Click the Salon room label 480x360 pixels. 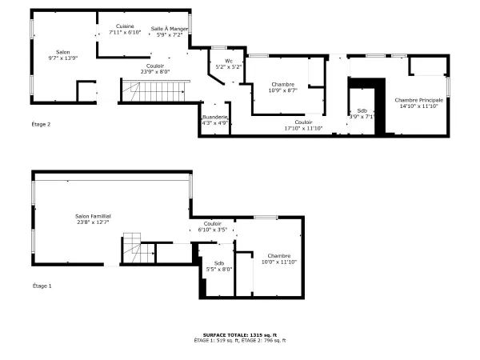click(x=62, y=53)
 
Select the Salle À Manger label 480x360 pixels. click(x=169, y=29)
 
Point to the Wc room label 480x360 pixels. click(x=229, y=61)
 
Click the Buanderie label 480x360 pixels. click(x=215, y=117)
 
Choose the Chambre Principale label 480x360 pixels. click(x=418, y=100)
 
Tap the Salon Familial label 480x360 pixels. click(x=93, y=216)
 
